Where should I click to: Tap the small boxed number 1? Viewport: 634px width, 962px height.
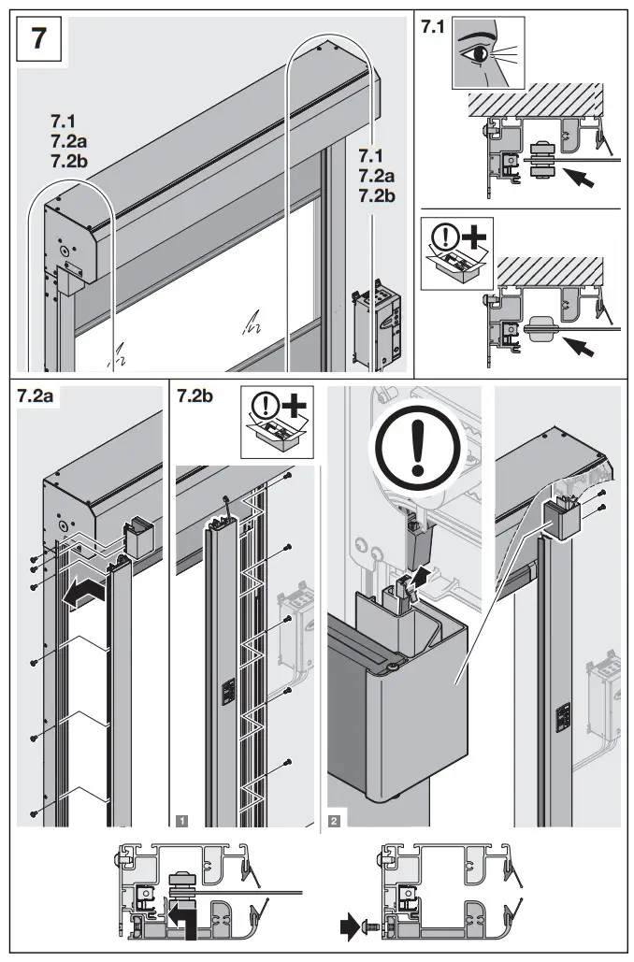(181, 820)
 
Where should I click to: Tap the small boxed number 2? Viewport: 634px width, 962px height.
(335, 820)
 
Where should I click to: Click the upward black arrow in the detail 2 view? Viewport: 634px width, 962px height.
(423, 573)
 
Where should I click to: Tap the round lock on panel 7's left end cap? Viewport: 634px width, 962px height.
(64, 250)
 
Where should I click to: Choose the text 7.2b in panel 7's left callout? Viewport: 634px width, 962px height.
(70, 162)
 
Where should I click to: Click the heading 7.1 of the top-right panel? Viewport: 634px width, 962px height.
(433, 27)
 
